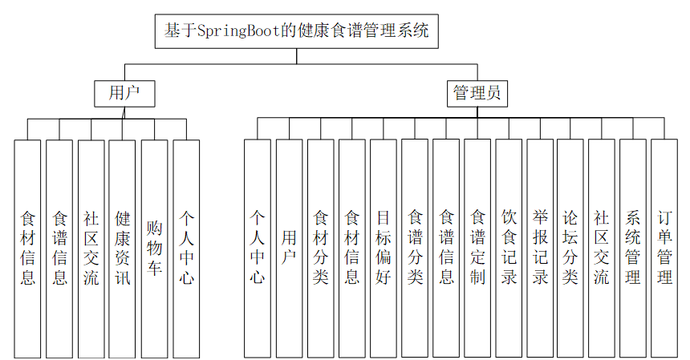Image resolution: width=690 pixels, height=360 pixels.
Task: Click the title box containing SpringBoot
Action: point(296,31)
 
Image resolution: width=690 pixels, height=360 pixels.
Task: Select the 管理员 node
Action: point(477,93)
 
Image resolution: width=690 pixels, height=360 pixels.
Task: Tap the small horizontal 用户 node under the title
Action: point(124,93)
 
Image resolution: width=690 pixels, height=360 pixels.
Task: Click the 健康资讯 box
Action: point(123,249)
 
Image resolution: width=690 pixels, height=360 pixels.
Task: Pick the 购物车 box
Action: point(154,249)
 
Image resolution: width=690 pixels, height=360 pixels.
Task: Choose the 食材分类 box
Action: point(320,249)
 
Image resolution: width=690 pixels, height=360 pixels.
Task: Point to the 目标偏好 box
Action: point(383,249)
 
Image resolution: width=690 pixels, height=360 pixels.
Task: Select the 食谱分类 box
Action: point(415,249)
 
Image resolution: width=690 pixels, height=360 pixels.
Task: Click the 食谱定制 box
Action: point(477,249)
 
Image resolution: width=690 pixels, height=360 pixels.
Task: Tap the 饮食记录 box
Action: point(509,249)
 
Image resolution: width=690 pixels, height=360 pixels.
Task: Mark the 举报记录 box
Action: point(540,249)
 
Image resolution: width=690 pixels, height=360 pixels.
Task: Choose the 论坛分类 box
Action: point(570,249)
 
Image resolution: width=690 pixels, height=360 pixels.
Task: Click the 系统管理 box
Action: point(633,249)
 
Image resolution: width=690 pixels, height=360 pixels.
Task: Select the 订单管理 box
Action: point(664,249)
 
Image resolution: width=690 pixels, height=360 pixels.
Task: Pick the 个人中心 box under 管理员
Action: point(257,249)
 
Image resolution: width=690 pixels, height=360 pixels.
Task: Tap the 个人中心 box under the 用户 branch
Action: point(186,249)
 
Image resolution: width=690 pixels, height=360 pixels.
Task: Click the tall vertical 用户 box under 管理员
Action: point(289,249)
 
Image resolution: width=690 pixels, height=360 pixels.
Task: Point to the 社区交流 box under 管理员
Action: point(602,249)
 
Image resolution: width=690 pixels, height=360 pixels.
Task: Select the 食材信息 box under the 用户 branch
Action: point(27,249)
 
